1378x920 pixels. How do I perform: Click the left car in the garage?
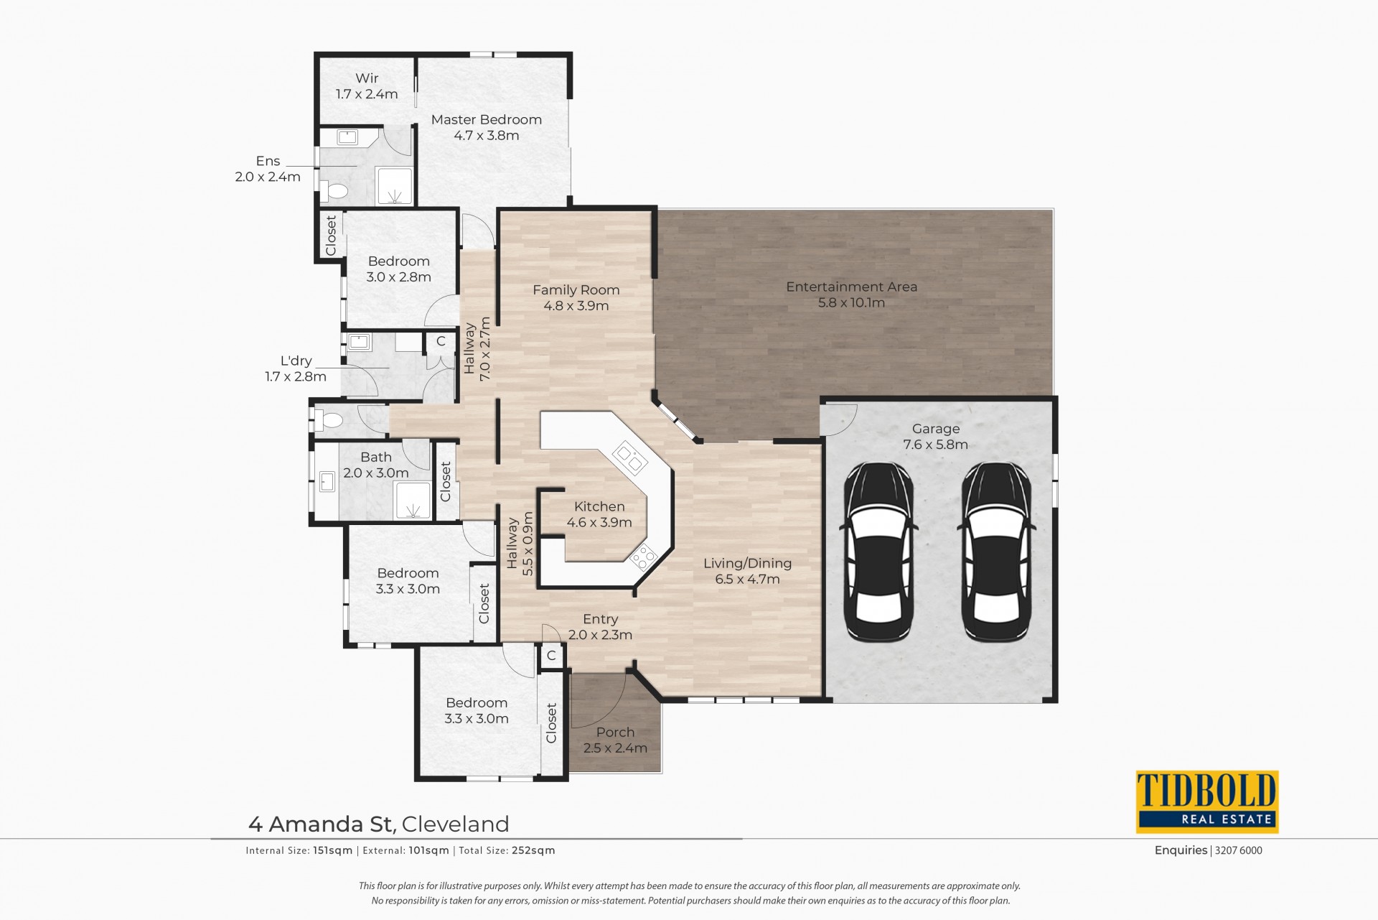pyautogui.click(x=879, y=552)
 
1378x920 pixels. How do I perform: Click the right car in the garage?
pyautogui.click(x=997, y=552)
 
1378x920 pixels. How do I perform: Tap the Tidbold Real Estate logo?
pyautogui.click(x=1207, y=801)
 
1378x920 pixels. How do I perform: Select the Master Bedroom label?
pyautogui.click(x=487, y=119)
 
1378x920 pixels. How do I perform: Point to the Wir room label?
pyautogui.click(x=367, y=78)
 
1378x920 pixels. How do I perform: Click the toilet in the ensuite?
pyautogui.click(x=334, y=191)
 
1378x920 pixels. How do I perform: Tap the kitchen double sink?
pyautogui.click(x=628, y=457)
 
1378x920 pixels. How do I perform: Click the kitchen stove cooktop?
pyautogui.click(x=643, y=557)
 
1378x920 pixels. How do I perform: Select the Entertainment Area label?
pyautogui.click(x=851, y=287)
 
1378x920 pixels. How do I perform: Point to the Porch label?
pyautogui.click(x=615, y=732)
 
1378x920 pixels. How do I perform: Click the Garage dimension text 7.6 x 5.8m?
pyautogui.click(x=936, y=445)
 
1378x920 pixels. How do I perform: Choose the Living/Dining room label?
pyautogui.click(x=747, y=564)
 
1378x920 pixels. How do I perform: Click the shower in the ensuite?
pyautogui.click(x=395, y=186)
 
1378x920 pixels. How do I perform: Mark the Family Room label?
pyautogui.click(x=576, y=290)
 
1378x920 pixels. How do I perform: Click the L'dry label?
pyautogui.click(x=296, y=361)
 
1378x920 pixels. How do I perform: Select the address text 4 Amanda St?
pyautogui.click(x=322, y=824)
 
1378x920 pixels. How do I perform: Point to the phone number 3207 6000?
pyautogui.click(x=1239, y=850)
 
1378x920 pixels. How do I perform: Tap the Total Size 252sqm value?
pyautogui.click(x=533, y=850)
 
